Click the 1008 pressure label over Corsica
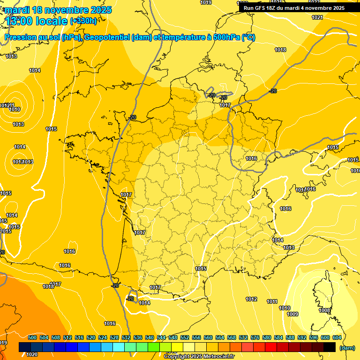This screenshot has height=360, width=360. click(324, 310)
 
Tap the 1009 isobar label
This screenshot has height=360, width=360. click(292, 314)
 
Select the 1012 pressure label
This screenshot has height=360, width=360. click(251, 299)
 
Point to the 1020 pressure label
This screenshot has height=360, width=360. click(32, 354)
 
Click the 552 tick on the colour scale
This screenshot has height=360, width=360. click(185, 337)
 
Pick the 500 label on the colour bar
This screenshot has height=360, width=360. click(32, 337)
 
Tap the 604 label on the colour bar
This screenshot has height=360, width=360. click(337, 337)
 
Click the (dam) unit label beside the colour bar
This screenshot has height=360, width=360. click(347, 348)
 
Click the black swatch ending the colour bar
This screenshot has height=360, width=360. click(330, 347)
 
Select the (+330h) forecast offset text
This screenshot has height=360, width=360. click(83, 21)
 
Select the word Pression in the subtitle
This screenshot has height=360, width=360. click(21, 37)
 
